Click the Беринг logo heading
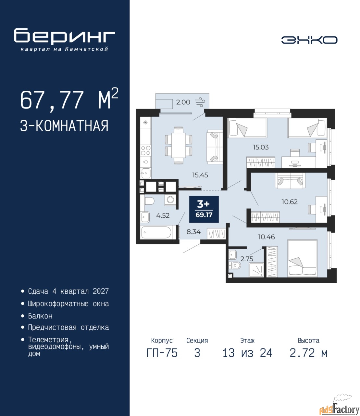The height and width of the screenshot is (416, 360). tap(65, 36)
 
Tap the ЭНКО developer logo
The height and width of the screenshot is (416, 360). tap(309, 40)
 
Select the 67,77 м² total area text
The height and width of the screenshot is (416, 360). tap(69, 100)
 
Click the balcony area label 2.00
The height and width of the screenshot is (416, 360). tap(183, 102)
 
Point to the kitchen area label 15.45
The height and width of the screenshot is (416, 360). tap(200, 175)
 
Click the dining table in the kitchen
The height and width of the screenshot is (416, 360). tap(179, 146)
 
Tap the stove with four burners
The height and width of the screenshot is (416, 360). tap(146, 150)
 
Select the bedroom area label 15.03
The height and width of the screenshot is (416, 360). tap(261, 147)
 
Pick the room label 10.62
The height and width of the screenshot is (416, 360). tap(290, 201)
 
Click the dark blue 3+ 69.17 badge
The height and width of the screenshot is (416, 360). tap(204, 209)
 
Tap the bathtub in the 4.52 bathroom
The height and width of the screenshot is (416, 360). tap(156, 232)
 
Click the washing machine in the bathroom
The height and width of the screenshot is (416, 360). tap(170, 200)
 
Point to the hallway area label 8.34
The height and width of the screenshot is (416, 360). tap(193, 232)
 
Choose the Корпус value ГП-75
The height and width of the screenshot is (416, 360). tap(162, 359)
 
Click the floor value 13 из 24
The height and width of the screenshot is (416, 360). tap(247, 359)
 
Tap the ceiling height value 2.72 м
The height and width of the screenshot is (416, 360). tap(308, 359)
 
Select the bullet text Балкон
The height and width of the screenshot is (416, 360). tap(40, 316)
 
